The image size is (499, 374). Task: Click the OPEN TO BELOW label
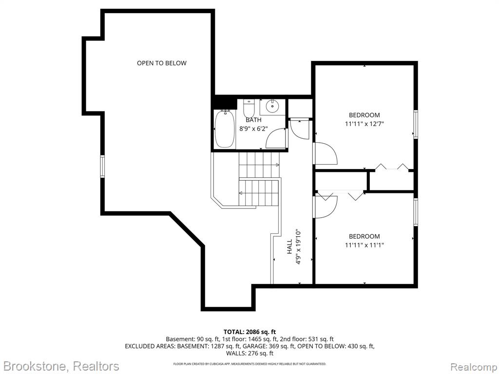pos(162,63)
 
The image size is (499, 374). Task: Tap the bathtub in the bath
pos(225,129)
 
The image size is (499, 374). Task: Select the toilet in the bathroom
pos(249,108)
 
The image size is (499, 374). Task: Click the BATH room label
pos(253,120)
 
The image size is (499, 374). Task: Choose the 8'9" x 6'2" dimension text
pos(253,129)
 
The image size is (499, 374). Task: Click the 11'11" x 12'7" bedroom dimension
pos(365,124)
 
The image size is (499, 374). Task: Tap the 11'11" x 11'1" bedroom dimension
pos(365,245)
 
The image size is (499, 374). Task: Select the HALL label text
pos(289,246)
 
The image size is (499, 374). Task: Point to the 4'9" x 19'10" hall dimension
pos(298,246)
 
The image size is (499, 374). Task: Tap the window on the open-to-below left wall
pos(102,166)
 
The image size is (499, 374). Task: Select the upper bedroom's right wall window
pos(416,124)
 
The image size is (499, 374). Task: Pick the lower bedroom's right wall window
pos(416,212)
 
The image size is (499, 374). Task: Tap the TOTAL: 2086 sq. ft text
pos(249,332)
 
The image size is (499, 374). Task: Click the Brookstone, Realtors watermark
pos(60,366)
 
